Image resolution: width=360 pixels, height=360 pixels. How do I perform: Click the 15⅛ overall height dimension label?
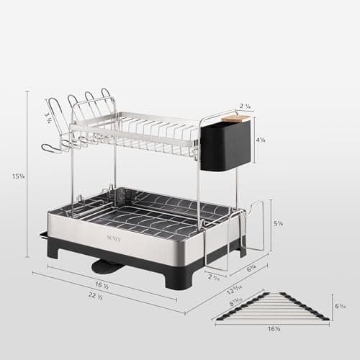tap(15, 174)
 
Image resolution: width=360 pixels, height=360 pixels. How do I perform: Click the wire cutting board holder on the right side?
tap(248, 230)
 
